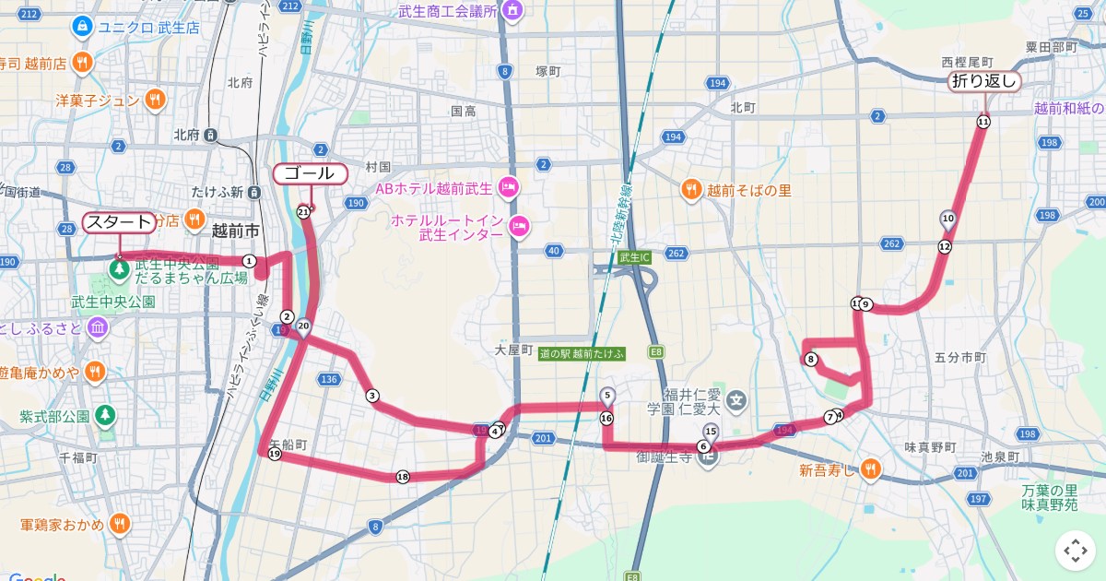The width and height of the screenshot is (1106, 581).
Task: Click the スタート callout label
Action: point(119,222)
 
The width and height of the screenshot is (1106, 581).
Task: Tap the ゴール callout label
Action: point(310,173)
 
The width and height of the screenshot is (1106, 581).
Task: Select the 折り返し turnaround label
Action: point(984,81)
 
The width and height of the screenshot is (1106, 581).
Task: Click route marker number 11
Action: point(983,122)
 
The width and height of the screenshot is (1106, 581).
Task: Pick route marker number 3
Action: point(372,397)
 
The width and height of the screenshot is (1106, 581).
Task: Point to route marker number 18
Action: point(402,477)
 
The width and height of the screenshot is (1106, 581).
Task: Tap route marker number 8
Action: point(811,360)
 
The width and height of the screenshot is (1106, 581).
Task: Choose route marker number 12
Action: point(944,246)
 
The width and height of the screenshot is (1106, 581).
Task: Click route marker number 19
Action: point(275,454)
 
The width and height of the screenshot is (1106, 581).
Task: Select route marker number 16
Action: point(606,418)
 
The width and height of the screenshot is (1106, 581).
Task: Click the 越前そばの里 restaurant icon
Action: point(691,190)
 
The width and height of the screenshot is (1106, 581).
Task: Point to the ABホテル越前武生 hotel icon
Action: point(508,188)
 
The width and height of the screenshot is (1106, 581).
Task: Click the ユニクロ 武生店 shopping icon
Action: point(83,28)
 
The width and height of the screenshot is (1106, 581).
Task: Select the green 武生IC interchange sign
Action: point(635,257)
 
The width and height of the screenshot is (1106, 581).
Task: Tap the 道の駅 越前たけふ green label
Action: point(582,353)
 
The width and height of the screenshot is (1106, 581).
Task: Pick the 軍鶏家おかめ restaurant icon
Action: point(119,525)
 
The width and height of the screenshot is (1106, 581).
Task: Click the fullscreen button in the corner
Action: point(1075,551)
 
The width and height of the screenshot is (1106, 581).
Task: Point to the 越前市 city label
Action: point(236,231)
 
